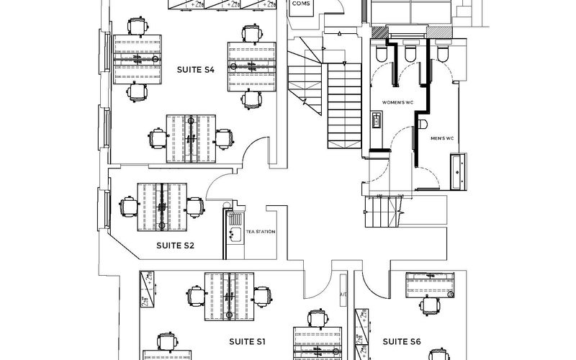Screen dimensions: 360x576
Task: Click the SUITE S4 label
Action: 197,69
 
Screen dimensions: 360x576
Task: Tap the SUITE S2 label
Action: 175,246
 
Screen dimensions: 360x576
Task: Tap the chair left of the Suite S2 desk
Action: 128,207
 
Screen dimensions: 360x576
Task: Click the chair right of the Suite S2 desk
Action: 194,207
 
